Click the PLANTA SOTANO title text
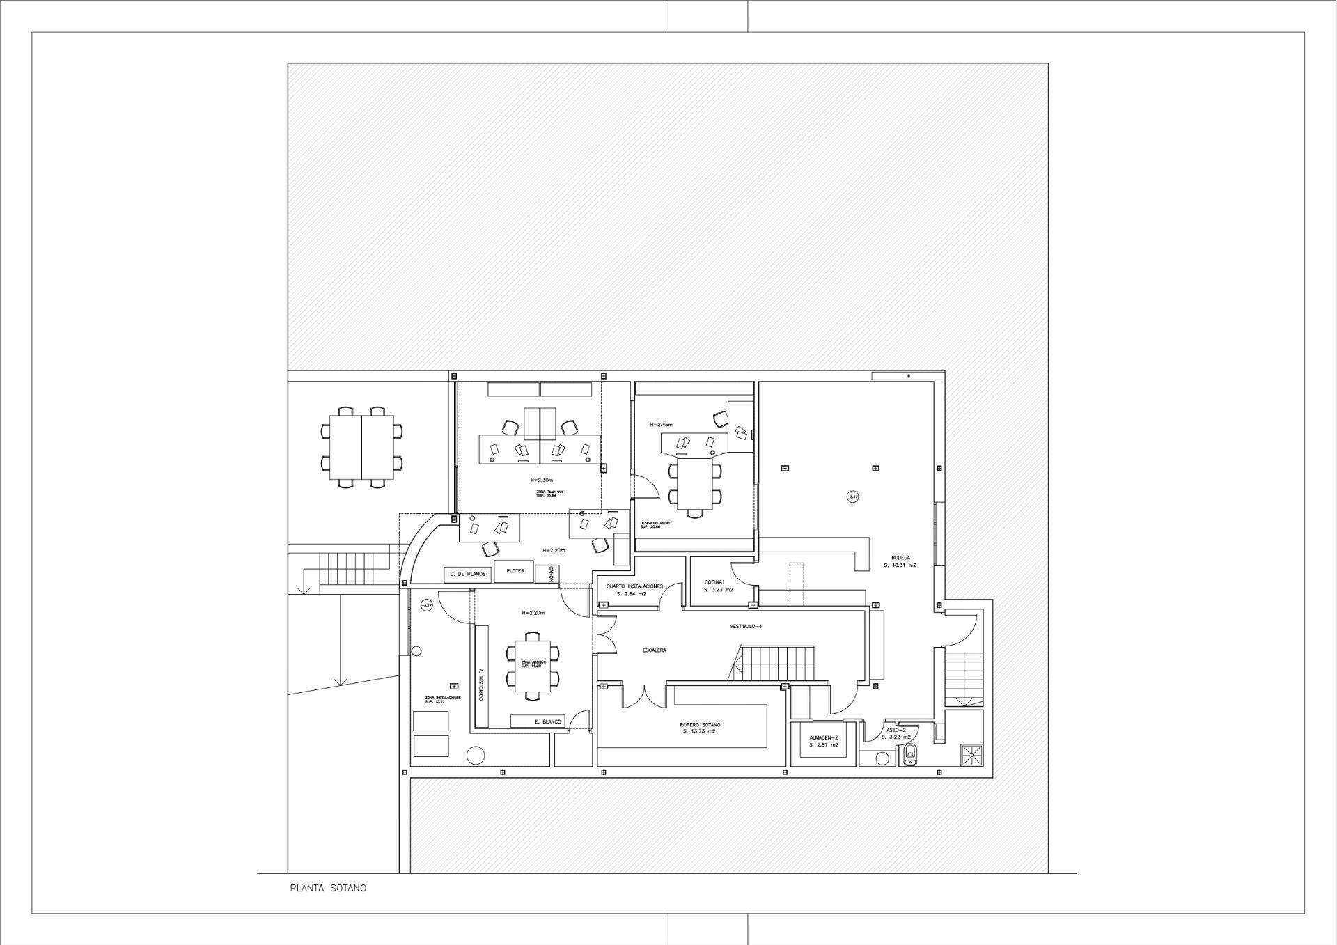tap(328, 888)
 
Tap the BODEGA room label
tap(900, 558)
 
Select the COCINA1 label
tap(714, 582)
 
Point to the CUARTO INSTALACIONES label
tap(634, 586)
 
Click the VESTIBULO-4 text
tap(746, 627)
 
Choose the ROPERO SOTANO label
tap(700, 725)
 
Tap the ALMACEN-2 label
tap(823, 737)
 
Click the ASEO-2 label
tap(896, 730)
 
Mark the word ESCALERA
tap(654, 650)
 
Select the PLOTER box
tap(515, 571)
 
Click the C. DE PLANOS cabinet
tap(467, 575)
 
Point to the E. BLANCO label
tap(547, 721)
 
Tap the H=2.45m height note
tap(661, 424)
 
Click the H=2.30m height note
tap(541, 480)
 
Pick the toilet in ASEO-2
tap(909, 754)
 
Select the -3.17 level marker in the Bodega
tap(853, 497)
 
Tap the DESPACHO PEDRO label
tap(655, 524)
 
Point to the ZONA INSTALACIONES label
tap(442, 698)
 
